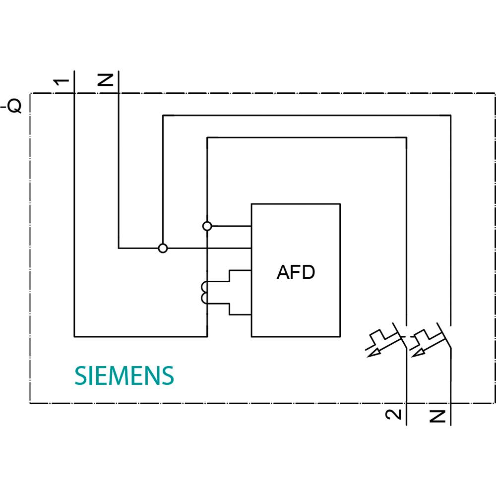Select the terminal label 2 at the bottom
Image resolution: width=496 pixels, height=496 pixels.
point(393,415)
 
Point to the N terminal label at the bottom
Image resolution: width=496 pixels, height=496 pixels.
point(437,416)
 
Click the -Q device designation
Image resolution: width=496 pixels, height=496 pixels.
point(12,106)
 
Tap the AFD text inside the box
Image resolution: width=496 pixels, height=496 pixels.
point(296,272)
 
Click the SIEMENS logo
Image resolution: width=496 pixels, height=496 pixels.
point(124,376)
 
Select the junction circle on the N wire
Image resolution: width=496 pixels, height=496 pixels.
point(162,248)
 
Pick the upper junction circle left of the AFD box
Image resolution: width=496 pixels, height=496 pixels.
point(207,226)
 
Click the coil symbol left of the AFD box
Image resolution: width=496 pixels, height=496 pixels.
point(204,292)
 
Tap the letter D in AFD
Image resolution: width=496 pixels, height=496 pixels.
point(308,272)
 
